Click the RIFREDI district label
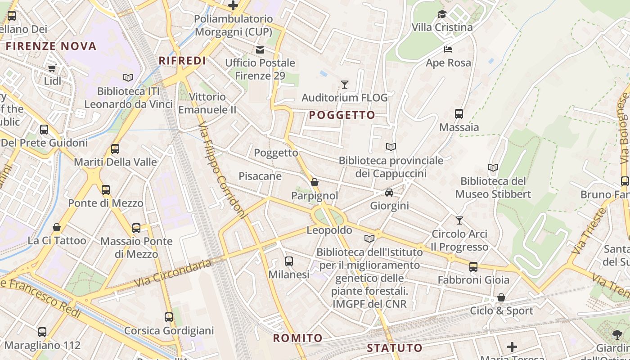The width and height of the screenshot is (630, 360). point(182,61)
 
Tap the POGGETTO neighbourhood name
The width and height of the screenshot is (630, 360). point(342,115)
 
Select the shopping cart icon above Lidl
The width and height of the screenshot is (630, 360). point(52,68)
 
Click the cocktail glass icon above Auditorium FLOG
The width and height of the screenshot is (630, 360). point(345,84)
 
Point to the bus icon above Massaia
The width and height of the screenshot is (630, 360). point(459,114)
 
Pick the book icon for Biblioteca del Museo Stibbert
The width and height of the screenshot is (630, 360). point(493,168)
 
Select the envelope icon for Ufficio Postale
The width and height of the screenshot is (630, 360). point(260,49)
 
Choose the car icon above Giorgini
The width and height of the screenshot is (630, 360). point(389,193)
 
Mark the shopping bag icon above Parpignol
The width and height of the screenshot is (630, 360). point(315,183)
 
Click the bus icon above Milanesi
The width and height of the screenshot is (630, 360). point(289,261)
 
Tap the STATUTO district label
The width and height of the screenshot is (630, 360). point(395,348)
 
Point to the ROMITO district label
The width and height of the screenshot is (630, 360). point(298,338)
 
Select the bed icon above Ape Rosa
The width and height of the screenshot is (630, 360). point(448,49)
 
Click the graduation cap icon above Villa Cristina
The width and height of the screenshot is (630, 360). point(442,14)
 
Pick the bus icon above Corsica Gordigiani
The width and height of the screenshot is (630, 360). point(169,317)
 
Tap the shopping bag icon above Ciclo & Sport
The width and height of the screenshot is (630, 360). point(501,297)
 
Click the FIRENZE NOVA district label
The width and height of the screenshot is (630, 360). point(51,46)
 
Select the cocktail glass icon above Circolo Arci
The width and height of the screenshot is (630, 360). point(459,220)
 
